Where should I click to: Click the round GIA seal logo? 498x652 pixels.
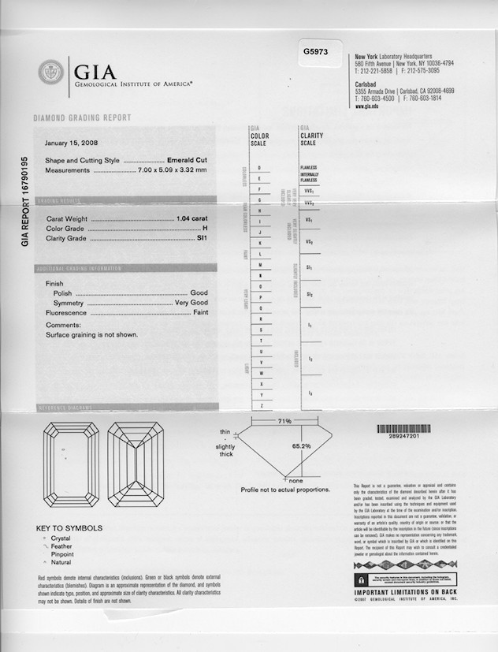tap(51, 73)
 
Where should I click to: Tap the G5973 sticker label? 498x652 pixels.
tap(315, 51)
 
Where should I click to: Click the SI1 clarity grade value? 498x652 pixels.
tap(202, 237)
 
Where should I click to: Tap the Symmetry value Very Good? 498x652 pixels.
tap(191, 303)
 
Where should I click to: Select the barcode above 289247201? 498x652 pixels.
tap(403, 429)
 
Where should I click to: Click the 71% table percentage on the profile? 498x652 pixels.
tap(284, 421)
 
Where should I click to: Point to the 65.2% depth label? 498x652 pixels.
tap(302, 446)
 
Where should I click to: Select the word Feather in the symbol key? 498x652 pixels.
tap(62, 546)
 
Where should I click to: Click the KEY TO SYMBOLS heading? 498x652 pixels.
tap(69, 527)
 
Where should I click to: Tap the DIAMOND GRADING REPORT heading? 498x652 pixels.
tap(82, 117)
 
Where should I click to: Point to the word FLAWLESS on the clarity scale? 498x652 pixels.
tap(308, 167)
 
